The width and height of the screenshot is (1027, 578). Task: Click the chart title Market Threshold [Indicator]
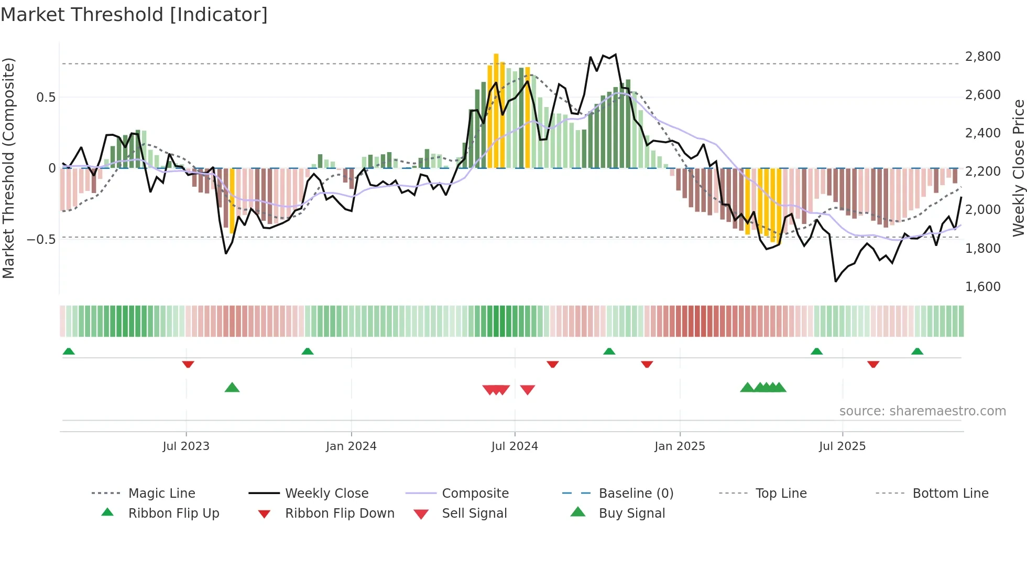pyautogui.click(x=134, y=15)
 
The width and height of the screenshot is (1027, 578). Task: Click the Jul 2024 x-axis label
pyautogui.click(x=515, y=446)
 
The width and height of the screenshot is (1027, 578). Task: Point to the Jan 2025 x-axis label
pyautogui.click(x=680, y=446)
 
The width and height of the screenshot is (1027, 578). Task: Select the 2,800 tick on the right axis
pyautogui.click(x=982, y=57)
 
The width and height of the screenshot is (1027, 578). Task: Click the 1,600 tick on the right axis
pyautogui.click(x=982, y=287)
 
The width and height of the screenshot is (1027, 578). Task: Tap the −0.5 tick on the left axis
pyautogui.click(x=41, y=240)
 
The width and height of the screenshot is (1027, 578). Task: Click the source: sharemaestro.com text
pyautogui.click(x=922, y=411)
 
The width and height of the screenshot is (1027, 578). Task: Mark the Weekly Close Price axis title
pyautogui.click(x=1018, y=168)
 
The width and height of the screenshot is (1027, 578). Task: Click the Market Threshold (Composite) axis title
pyautogui.click(x=8, y=168)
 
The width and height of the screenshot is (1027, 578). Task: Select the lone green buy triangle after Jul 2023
pyautogui.click(x=232, y=388)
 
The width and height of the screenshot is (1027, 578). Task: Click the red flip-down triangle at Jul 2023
pyautogui.click(x=188, y=364)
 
